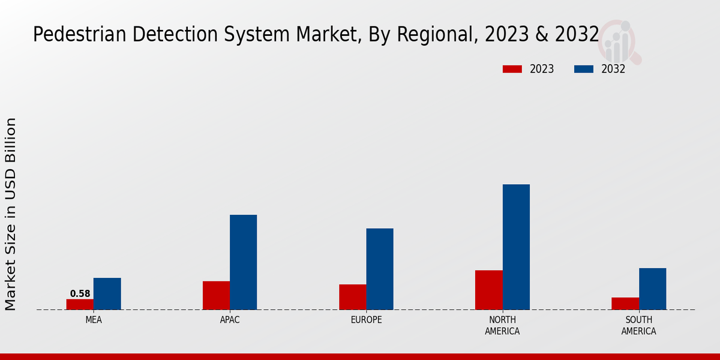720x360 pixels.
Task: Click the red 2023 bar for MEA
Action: pos(80,304)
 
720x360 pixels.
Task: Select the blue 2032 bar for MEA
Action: pos(107,294)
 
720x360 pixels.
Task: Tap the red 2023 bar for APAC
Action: pos(216,295)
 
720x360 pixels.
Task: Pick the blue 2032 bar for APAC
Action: pos(243,262)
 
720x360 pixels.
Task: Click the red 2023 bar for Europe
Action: pos(352,297)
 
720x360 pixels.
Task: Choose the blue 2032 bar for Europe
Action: pos(380,269)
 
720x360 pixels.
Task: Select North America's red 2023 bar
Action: pos(489,290)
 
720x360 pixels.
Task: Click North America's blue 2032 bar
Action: pos(516,247)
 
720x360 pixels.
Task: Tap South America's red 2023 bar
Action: pos(625,304)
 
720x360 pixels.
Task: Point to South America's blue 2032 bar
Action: pos(652,289)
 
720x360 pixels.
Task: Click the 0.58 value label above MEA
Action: pos(80,294)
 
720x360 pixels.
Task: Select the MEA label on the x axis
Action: pos(94,320)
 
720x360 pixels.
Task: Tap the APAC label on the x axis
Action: pos(230,320)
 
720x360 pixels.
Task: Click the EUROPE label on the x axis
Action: pos(366,320)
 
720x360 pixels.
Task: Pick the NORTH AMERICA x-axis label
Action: pos(503,325)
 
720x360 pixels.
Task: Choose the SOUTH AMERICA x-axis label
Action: pos(638,325)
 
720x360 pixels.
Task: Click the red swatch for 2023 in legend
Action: pos(512,69)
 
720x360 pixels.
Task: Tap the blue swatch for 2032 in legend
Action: pos(584,69)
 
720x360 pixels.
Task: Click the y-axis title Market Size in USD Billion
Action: pos(11,214)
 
